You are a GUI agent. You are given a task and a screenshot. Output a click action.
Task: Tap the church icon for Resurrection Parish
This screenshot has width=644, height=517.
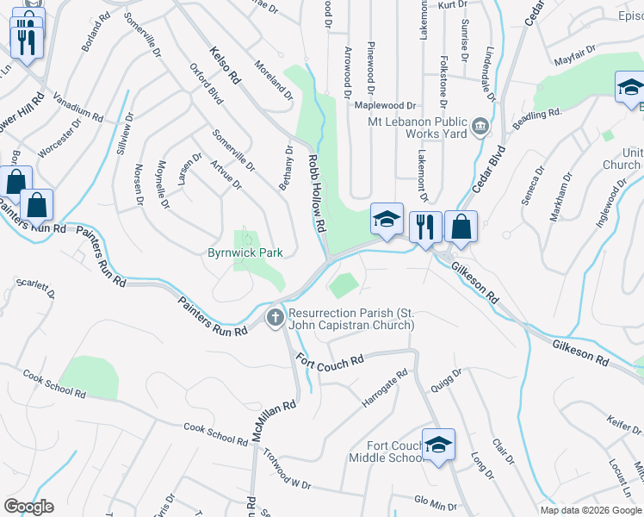[x=276, y=318]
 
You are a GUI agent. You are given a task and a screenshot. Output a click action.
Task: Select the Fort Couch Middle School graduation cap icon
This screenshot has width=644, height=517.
[x=439, y=445]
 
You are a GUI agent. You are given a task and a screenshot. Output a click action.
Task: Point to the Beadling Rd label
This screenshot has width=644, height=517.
[x=537, y=114]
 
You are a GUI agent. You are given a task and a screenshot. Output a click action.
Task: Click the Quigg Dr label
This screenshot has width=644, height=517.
[x=448, y=379]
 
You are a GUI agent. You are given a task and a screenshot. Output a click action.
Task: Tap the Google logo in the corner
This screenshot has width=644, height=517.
[x=28, y=507]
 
